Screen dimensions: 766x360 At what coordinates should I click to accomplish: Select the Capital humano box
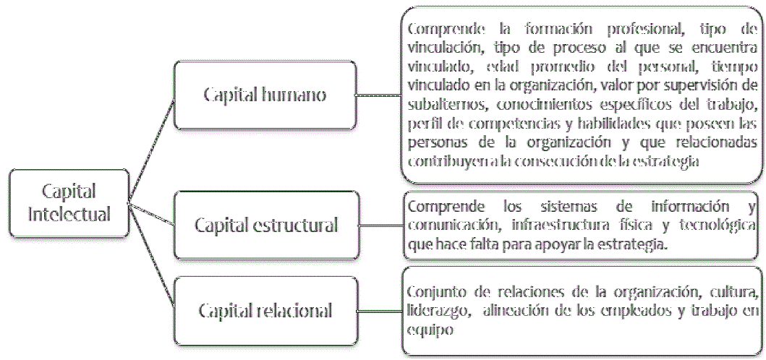(265, 95)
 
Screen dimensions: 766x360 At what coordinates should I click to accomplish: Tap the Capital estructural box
(266, 225)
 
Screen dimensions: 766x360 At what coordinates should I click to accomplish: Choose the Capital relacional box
(266, 312)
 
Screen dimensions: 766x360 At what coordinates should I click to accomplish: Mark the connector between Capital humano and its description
(379, 94)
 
